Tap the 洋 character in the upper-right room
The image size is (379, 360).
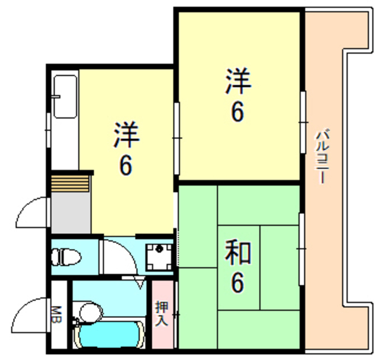[238, 82]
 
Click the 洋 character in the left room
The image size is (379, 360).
[126, 136]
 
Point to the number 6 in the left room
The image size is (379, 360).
[126, 165]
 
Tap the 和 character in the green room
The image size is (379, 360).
[238, 254]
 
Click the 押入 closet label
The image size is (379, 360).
[162, 314]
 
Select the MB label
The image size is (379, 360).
[57, 314]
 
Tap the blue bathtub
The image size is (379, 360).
[110, 335]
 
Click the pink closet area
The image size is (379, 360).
[162, 332]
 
